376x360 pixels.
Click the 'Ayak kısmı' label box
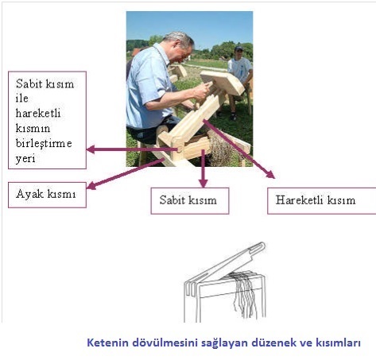click(x=47, y=195)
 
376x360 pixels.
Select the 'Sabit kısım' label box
click(x=190, y=201)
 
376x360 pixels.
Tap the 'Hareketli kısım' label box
click(x=321, y=201)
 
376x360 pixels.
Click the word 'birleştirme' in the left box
click(x=44, y=143)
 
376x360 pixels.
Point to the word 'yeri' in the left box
click(x=25, y=159)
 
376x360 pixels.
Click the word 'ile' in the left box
click(x=21, y=99)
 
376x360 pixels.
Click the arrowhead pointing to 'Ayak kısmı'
click(x=91, y=186)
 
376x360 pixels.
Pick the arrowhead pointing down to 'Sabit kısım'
click(x=204, y=184)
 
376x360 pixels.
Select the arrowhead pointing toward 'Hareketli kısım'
click(x=271, y=175)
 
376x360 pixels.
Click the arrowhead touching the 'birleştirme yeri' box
click(x=91, y=149)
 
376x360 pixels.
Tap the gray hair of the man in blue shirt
click(x=180, y=39)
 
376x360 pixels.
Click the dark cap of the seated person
click(x=238, y=48)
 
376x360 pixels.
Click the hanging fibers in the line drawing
click(x=245, y=294)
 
